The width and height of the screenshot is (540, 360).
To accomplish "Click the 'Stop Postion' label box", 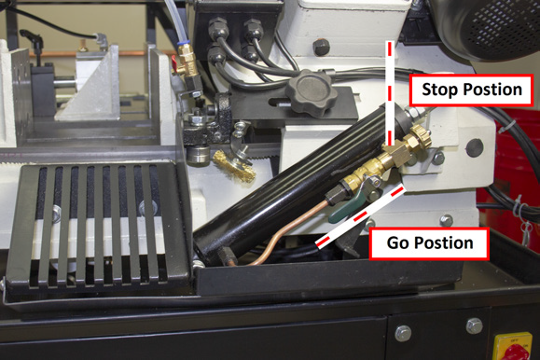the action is [472, 90].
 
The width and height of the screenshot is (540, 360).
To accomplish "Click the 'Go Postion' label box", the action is [429, 243].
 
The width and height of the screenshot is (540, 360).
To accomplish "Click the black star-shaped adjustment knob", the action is [311, 92].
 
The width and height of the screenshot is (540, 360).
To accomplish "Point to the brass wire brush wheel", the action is [234, 165].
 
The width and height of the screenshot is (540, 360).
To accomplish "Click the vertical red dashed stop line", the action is [390, 93].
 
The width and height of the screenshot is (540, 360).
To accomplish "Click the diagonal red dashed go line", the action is [361, 216].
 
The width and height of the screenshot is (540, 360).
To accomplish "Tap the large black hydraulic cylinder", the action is [299, 184].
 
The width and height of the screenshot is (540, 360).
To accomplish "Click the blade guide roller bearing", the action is [197, 155].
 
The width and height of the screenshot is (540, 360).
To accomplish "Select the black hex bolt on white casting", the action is [322, 48].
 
